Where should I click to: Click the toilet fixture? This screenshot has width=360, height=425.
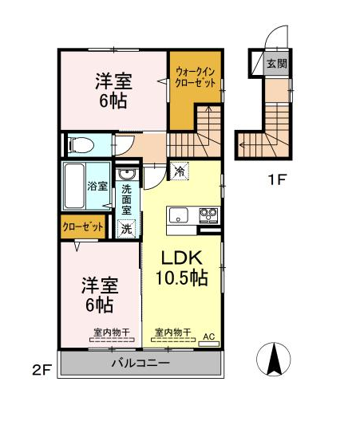pos(81,145)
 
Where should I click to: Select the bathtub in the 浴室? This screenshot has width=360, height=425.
pos(74,186)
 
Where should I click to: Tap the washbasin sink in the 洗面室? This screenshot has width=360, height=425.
pos(127,175)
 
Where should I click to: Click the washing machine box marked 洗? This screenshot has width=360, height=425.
pos(126,229)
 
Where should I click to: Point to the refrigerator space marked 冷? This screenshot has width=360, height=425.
pos(179,171)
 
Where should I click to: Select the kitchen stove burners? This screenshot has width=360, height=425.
pos(208,215)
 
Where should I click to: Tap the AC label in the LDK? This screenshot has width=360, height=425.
pos(209,337)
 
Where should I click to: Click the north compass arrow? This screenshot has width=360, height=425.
pos(275,359)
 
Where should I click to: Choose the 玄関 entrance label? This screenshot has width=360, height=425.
pos(276,64)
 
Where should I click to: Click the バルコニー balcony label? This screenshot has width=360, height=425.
pos(140,363)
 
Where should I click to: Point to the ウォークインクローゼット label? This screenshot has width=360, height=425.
pos(196,77)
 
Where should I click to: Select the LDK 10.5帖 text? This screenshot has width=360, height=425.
pos(182,268)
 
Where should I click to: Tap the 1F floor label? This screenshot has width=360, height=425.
pos(278,179)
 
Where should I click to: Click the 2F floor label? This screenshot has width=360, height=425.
pos(42,370)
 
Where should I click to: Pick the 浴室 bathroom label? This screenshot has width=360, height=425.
pos(97,186)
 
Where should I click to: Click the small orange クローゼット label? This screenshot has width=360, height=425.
pos(83,226)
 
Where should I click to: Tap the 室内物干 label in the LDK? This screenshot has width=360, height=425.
pos(172,332)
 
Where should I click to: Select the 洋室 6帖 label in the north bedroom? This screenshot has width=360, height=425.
pos(113,91)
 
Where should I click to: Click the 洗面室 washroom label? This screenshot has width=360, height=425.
pos(126,200)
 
